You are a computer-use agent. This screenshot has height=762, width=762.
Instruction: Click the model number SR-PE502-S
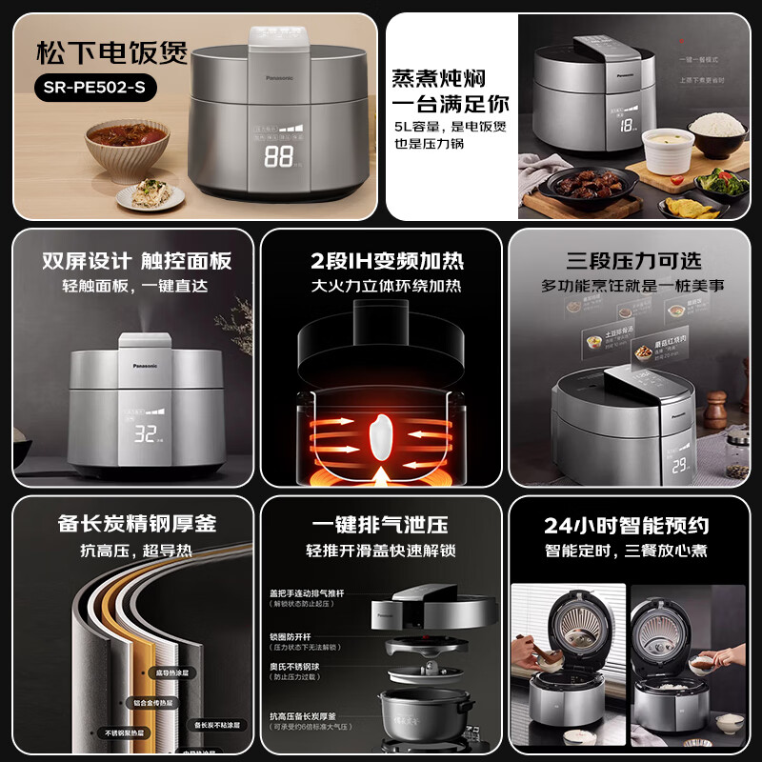coord(94,88)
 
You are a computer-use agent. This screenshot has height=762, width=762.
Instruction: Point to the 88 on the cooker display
coord(277,157)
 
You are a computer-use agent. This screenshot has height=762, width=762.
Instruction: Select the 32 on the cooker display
coord(146,435)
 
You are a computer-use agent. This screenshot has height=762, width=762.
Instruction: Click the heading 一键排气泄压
coord(380,525)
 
